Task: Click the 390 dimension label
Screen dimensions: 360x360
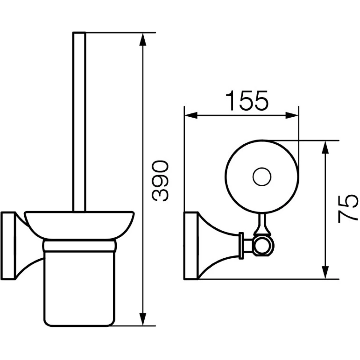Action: [x=160, y=181]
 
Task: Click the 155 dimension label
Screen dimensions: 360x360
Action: [x=247, y=101]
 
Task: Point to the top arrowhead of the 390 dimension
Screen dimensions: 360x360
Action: [x=143, y=39]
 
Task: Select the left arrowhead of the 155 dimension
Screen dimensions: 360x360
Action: [x=191, y=115]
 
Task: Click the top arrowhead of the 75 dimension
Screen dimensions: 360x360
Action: [x=325, y=147]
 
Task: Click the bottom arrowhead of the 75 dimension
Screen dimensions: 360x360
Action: [x=325, y=273]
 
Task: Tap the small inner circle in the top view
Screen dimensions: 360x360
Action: [x=262, y=177]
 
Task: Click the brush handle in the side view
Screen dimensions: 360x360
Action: [x=79, y=122]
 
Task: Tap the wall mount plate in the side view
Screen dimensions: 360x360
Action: [x=8, y=246]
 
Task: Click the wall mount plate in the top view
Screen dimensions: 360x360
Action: [x=191, y=246]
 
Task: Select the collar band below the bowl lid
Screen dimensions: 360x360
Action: [x=79, y=246]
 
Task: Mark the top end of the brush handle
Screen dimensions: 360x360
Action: [x=79, y=33]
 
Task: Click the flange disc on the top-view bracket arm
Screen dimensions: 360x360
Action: [x=241, y=246]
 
